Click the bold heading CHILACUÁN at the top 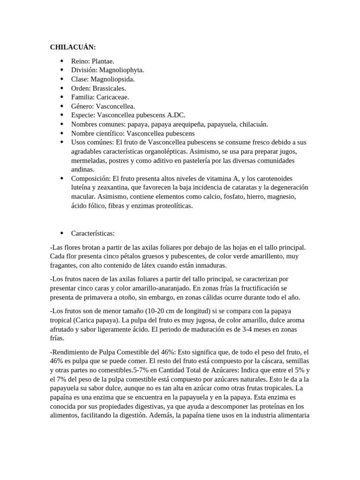(73, 47)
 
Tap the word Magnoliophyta (122, 70)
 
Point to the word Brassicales (109, 88)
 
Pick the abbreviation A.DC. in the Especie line (176, 115)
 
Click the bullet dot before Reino (62, 61)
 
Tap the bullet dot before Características (62, 233)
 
